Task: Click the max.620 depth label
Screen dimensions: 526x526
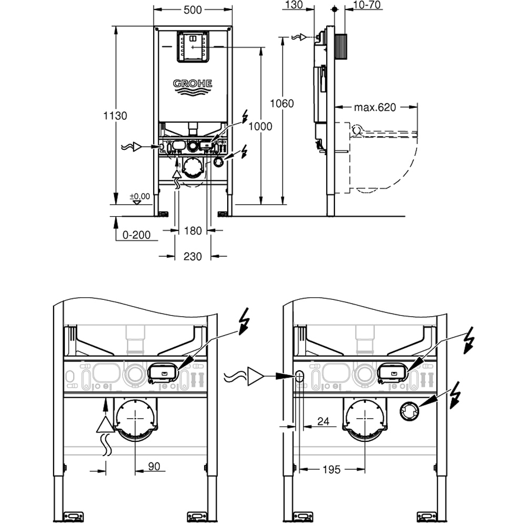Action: tap(375, 107)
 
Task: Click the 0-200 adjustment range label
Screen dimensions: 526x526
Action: tap(136, 235)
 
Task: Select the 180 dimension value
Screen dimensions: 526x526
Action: tap(193, 230)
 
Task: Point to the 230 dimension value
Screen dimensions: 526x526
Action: tap(193, 257)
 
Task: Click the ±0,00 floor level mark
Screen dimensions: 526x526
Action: tap(140, 197)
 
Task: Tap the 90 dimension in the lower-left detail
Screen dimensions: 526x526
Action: tap(153, 467)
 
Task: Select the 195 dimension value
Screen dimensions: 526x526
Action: tap(330, 469)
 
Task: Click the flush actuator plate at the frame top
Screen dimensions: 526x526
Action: tap(193, 47)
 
